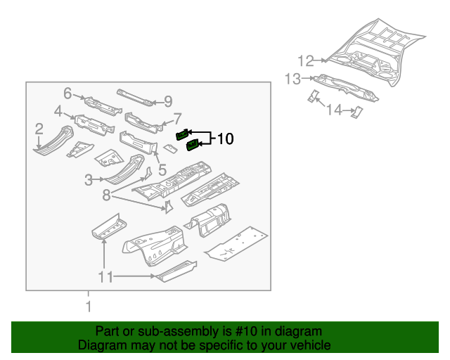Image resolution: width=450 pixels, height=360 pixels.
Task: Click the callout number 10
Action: (x=224, y=139)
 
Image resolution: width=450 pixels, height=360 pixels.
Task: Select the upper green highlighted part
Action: (x=181, y=134)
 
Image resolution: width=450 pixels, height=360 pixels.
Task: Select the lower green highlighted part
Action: (x=191, y=146)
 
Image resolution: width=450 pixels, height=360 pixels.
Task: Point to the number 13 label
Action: (x=292, y=79)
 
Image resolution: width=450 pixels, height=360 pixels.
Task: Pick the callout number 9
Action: (x=168, y=101)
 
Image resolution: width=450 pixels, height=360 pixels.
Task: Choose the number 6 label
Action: (x=67, y=93)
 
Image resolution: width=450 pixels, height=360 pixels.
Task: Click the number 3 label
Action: (x=89, y=180)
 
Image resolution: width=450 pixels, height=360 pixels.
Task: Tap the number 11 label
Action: (x=105, y=277)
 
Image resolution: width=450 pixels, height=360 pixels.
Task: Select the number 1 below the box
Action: (x=89, y=307)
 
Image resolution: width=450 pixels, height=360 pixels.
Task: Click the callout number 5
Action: (x=162, y=169)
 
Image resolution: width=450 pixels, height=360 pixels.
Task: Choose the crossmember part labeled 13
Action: (x=348, y=86)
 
